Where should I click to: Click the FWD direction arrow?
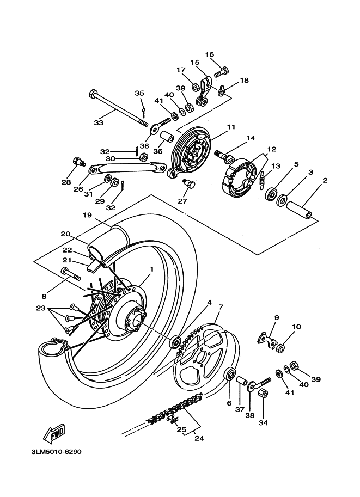[54, 434]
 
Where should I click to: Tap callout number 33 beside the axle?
[99, 123]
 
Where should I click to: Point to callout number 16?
[210, 54]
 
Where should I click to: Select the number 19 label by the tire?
[87, 215]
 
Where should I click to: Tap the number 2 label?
[325, 180]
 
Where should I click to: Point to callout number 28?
[66, 182]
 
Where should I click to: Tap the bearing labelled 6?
[230, 375]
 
